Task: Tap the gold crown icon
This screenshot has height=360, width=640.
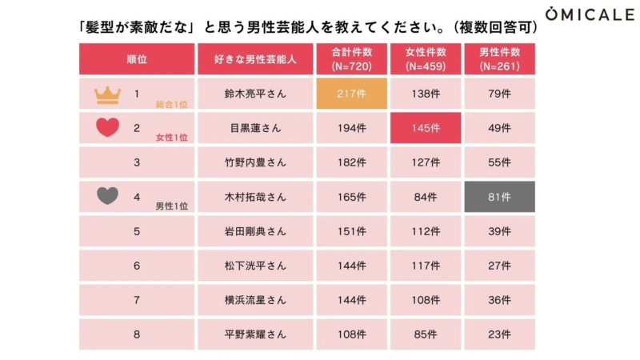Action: tap(106, 95)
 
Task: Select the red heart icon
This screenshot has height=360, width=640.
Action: tap(107, 128)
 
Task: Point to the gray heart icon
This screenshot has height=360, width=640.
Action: tap(107, 196)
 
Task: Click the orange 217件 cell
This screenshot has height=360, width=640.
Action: tap(351, 94)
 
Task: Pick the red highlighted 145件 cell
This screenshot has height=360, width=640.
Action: tap(425, 128)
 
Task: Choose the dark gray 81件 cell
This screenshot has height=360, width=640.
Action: tap(499, 197)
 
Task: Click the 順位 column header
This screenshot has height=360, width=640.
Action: tap(137, 59)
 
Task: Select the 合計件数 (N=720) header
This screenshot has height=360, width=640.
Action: tap(351, 59)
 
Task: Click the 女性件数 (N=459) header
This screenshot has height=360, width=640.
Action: tap(425, 59)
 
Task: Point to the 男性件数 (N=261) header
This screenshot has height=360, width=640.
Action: tap(499, 59)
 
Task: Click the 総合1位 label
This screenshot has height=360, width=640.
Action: tap(171, 104)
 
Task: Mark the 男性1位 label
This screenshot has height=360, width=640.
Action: tap(171, 206)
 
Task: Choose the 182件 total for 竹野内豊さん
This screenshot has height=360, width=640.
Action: tap(351, 162)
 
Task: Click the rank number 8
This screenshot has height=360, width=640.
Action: tap(137, 334)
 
